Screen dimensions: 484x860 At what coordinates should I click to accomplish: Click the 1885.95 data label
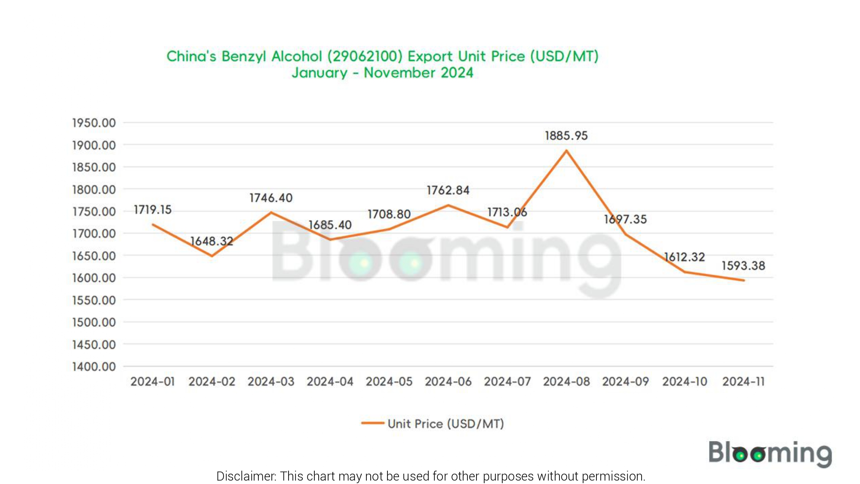coord(566,136)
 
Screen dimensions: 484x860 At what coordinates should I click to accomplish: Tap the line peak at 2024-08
coord(566,151)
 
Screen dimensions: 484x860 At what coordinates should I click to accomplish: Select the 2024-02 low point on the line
coord(212,256)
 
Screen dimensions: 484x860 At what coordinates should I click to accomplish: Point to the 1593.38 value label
coord(743,266)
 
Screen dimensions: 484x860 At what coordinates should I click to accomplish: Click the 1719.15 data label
coord(153,210)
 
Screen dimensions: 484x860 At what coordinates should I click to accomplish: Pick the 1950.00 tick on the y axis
coord(94,123)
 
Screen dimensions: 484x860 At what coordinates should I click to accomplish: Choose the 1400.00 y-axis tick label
coord(94,367)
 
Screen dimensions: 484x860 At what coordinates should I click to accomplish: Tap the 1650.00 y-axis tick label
coord(94,256)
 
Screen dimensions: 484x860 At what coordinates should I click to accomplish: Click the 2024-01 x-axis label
coord(153,382)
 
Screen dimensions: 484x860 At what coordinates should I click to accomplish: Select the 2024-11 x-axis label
coord(743,382)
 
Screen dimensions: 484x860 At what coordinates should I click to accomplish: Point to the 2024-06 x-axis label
coord(448,382)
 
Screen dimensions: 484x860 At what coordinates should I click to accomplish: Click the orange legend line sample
coord(372,423)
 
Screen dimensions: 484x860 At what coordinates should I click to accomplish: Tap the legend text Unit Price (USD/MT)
coord(445,424)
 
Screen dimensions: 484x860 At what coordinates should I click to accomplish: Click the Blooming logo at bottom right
coord(770,453)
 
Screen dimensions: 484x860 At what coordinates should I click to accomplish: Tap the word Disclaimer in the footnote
coord(246,476)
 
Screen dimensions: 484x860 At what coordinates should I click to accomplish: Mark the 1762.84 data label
coord(448,191)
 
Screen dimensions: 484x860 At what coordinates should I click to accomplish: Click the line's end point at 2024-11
coord(743,281)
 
